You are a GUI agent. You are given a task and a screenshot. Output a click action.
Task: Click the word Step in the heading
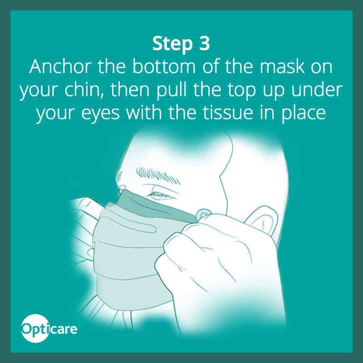click(172, 44)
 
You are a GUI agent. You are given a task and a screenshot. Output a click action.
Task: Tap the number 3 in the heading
click(204, 43)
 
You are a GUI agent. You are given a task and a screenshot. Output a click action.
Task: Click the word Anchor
click(60, 67)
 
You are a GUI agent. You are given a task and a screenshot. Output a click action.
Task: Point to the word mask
click(282, 67)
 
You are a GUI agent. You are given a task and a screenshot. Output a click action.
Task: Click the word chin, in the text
click(84, 90)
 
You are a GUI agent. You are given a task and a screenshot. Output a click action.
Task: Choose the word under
click(317, 90)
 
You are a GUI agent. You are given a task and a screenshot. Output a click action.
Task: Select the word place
click(304, 113)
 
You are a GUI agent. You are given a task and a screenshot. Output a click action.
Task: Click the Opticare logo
click(49, 328)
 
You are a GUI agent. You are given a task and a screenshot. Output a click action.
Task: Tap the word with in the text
click(143, 113)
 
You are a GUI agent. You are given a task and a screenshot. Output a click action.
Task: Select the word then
click(130, 90)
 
